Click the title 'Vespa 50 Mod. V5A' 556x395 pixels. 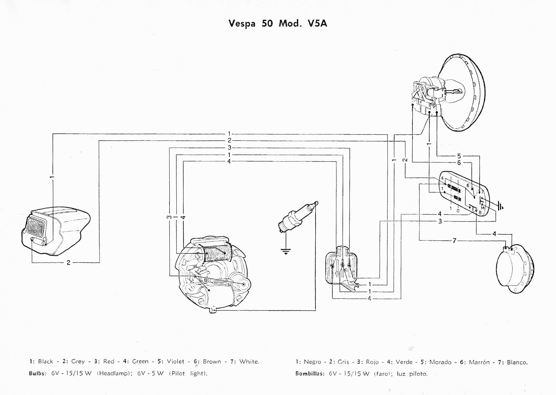pyautogui.click(x=278, y=24)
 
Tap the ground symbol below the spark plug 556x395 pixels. pyautogui.click(x=285, y=251)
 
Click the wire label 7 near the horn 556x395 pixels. pyautogui.click(x=454, y=241)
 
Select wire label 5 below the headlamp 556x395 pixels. pyautogui.click(x=459, y=156)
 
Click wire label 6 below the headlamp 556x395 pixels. pyautogui.click(x=459, y=163)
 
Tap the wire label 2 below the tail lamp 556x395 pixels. pyautogui.click(x=68, y=262)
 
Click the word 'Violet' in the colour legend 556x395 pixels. pyautogui.click(x=175, y=362)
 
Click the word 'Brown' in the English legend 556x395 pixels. pyautogui.click(x=212, y=362)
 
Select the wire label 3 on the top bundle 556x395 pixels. pyautogui.click(x=229, y=148)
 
